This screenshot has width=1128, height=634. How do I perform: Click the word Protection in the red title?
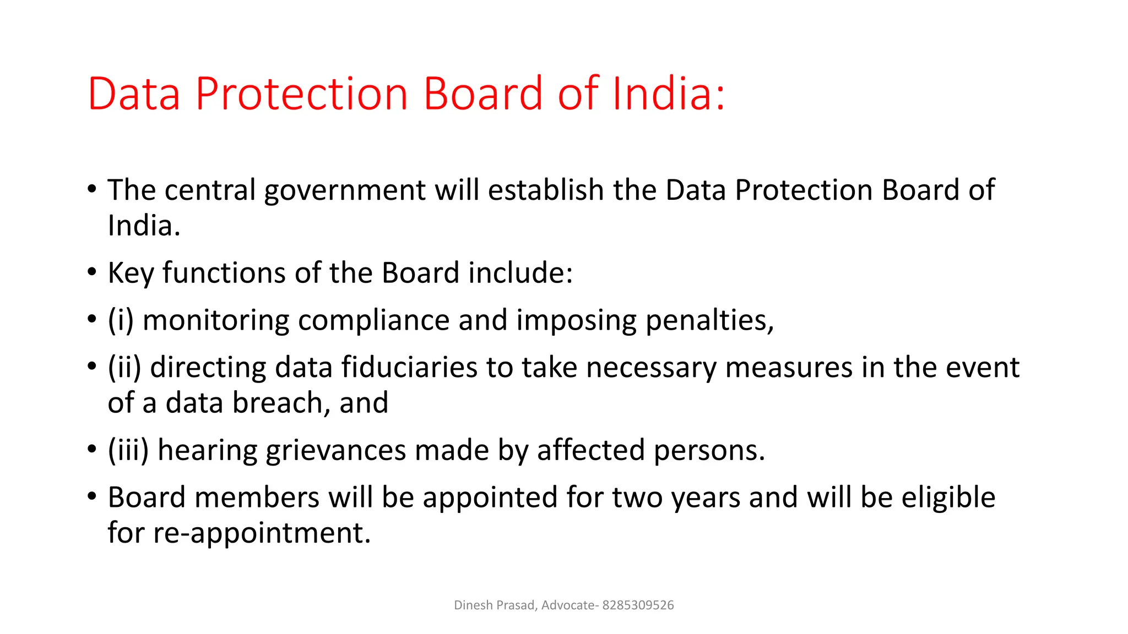pyautogui.click(x=301, y=94)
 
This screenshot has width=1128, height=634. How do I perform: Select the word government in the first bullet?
pyautogui.click(x=345, y=190)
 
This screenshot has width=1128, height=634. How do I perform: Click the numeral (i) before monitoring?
pyautogui.click(x=121, y=320)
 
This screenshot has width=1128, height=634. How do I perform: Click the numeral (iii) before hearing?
pyautogui.click(x=128, y=450)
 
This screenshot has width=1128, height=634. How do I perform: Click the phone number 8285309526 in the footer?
pyautogui.click(x=638, y=605)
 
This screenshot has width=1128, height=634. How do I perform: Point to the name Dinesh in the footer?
pyautogui.click(x=473, y=605)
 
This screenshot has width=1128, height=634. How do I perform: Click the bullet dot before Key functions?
pyautogui.click(x=92, y=272)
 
